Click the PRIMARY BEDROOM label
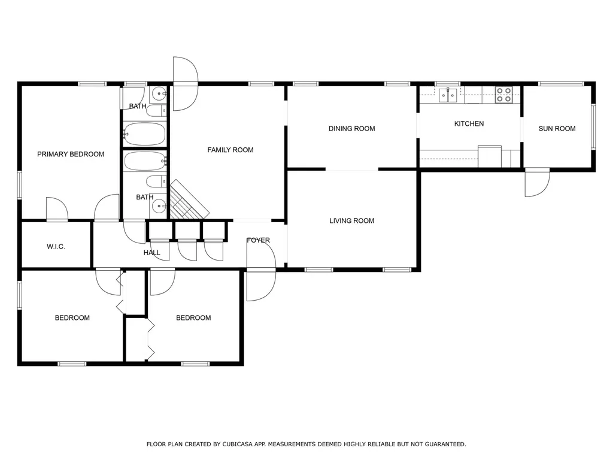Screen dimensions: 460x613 [x=71, y=154]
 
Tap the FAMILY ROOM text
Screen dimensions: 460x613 [x=230, y=150]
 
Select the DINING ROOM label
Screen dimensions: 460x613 [x=351, y=128]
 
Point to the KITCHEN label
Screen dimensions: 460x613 [x=469, y=123]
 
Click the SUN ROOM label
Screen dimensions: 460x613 [x=557, y=128]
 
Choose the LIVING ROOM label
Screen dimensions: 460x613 [x=351, y=220]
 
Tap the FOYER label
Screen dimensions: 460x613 [x=258, y=240]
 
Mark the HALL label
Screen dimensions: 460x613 [x=152, y=253]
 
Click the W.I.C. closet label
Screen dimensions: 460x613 [x=56, y=247]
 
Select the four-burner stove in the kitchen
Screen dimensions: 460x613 [x=503, y=94]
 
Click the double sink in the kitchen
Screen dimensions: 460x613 [x=448, y=94]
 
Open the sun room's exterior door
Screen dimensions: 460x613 [x=537, y=182]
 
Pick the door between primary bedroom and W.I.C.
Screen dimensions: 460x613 [x=57, y=210]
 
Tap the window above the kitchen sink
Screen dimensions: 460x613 [x=447, y=83]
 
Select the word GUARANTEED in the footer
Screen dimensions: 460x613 [x=444, y=444]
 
